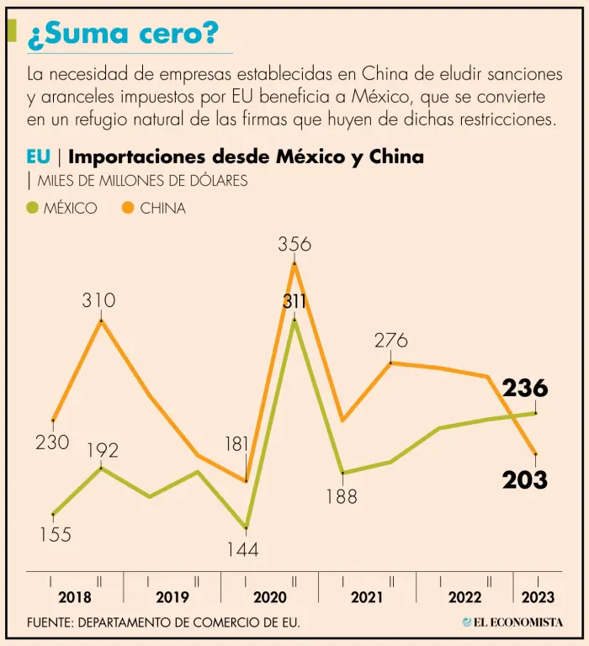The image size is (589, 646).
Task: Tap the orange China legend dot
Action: [x=129, y=208]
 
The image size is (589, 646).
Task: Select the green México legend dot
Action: [x=33, y=208]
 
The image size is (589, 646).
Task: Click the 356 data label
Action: [x=294, y=245]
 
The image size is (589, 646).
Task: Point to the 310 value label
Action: [x=98, y=300]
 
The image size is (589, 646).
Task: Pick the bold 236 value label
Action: [x=525, y=389]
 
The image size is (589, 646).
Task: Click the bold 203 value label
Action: [x=525, y=480]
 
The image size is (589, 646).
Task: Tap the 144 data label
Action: [x=242, y=550]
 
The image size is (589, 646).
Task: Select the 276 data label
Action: [x=391, y=341]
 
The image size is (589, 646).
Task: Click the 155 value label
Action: [x=55, y=534]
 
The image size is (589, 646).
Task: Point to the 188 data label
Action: [x=341, y=497]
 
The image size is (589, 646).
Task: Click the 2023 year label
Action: [x=538, y=597]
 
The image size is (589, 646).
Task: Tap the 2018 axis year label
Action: [x=75, y=597]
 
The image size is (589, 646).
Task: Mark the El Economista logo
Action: [x=512, y=622]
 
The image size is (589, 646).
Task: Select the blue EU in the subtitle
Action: [x=39, y=156]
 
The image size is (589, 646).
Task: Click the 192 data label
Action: [x=102, y=450]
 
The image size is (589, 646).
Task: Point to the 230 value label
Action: [x=52, y=442]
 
